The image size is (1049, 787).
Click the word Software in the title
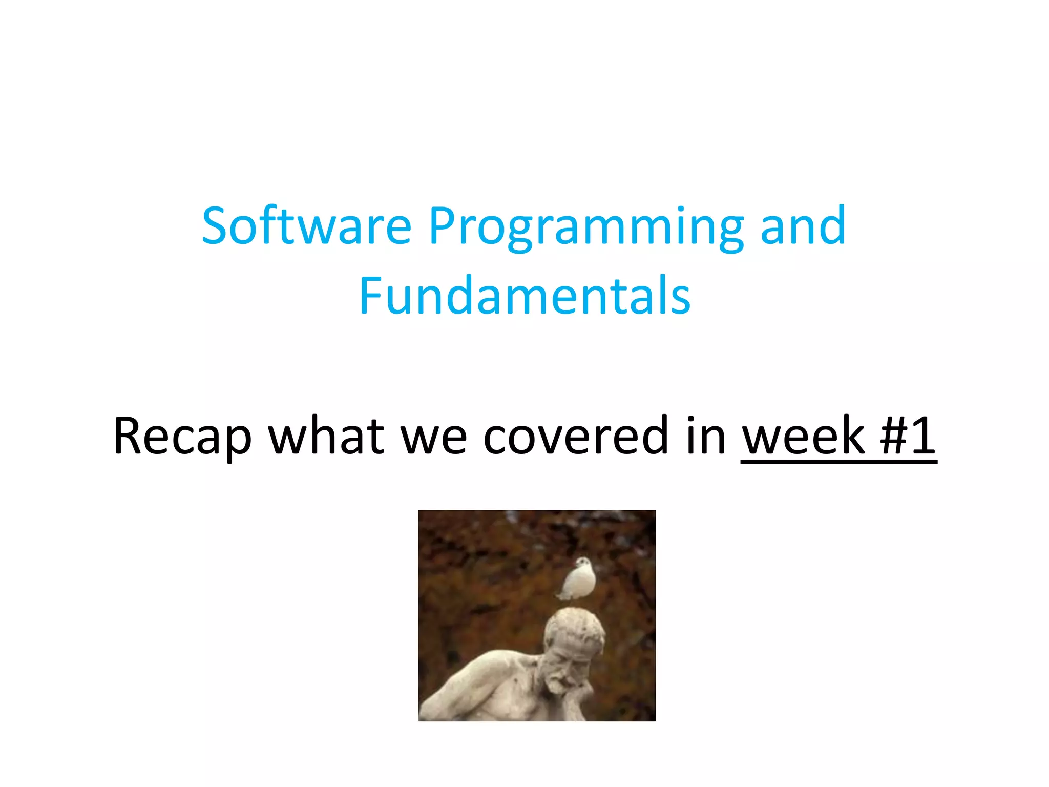click(x=306, y=226)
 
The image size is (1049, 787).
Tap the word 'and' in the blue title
click(x=803, y=226)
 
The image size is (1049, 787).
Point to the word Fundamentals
click(x=524, y=296)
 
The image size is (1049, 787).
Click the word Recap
click(x=182, y=436)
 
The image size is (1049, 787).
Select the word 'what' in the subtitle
click(x=326, y=436)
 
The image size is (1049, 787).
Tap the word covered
click(x=576, y=436)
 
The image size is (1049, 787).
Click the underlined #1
click(x=908, y=436)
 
